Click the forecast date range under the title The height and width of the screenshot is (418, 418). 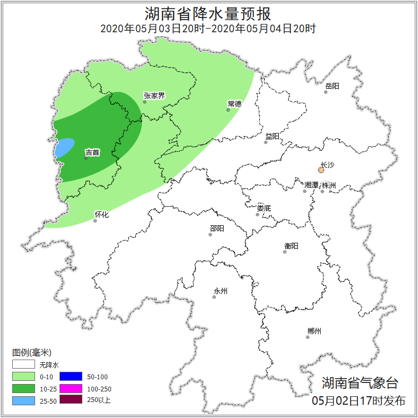point(208,29)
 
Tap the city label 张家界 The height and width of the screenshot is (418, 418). point(154,96)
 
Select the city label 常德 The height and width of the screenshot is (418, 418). point(234,104)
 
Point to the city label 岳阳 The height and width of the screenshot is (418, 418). point(332,86)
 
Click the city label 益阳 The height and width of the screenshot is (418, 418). point(272,137)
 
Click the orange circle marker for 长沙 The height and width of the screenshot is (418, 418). point(321,170)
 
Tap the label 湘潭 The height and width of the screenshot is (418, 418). point(311,185)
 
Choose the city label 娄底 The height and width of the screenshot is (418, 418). point(264,208)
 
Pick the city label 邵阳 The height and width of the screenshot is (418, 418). point(217,228)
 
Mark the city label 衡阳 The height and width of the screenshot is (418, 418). point(291,246)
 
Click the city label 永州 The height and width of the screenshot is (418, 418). point(220,291)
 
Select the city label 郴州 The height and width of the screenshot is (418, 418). point(314,331)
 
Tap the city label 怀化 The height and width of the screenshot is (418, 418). point(101,215)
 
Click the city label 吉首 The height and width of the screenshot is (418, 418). point(92,152)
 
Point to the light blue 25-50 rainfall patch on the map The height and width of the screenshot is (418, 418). point(64,147)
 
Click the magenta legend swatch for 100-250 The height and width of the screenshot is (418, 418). point(71,388)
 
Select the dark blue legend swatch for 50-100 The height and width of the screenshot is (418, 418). point(71,377)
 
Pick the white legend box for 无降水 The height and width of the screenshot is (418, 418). point(23,364)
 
